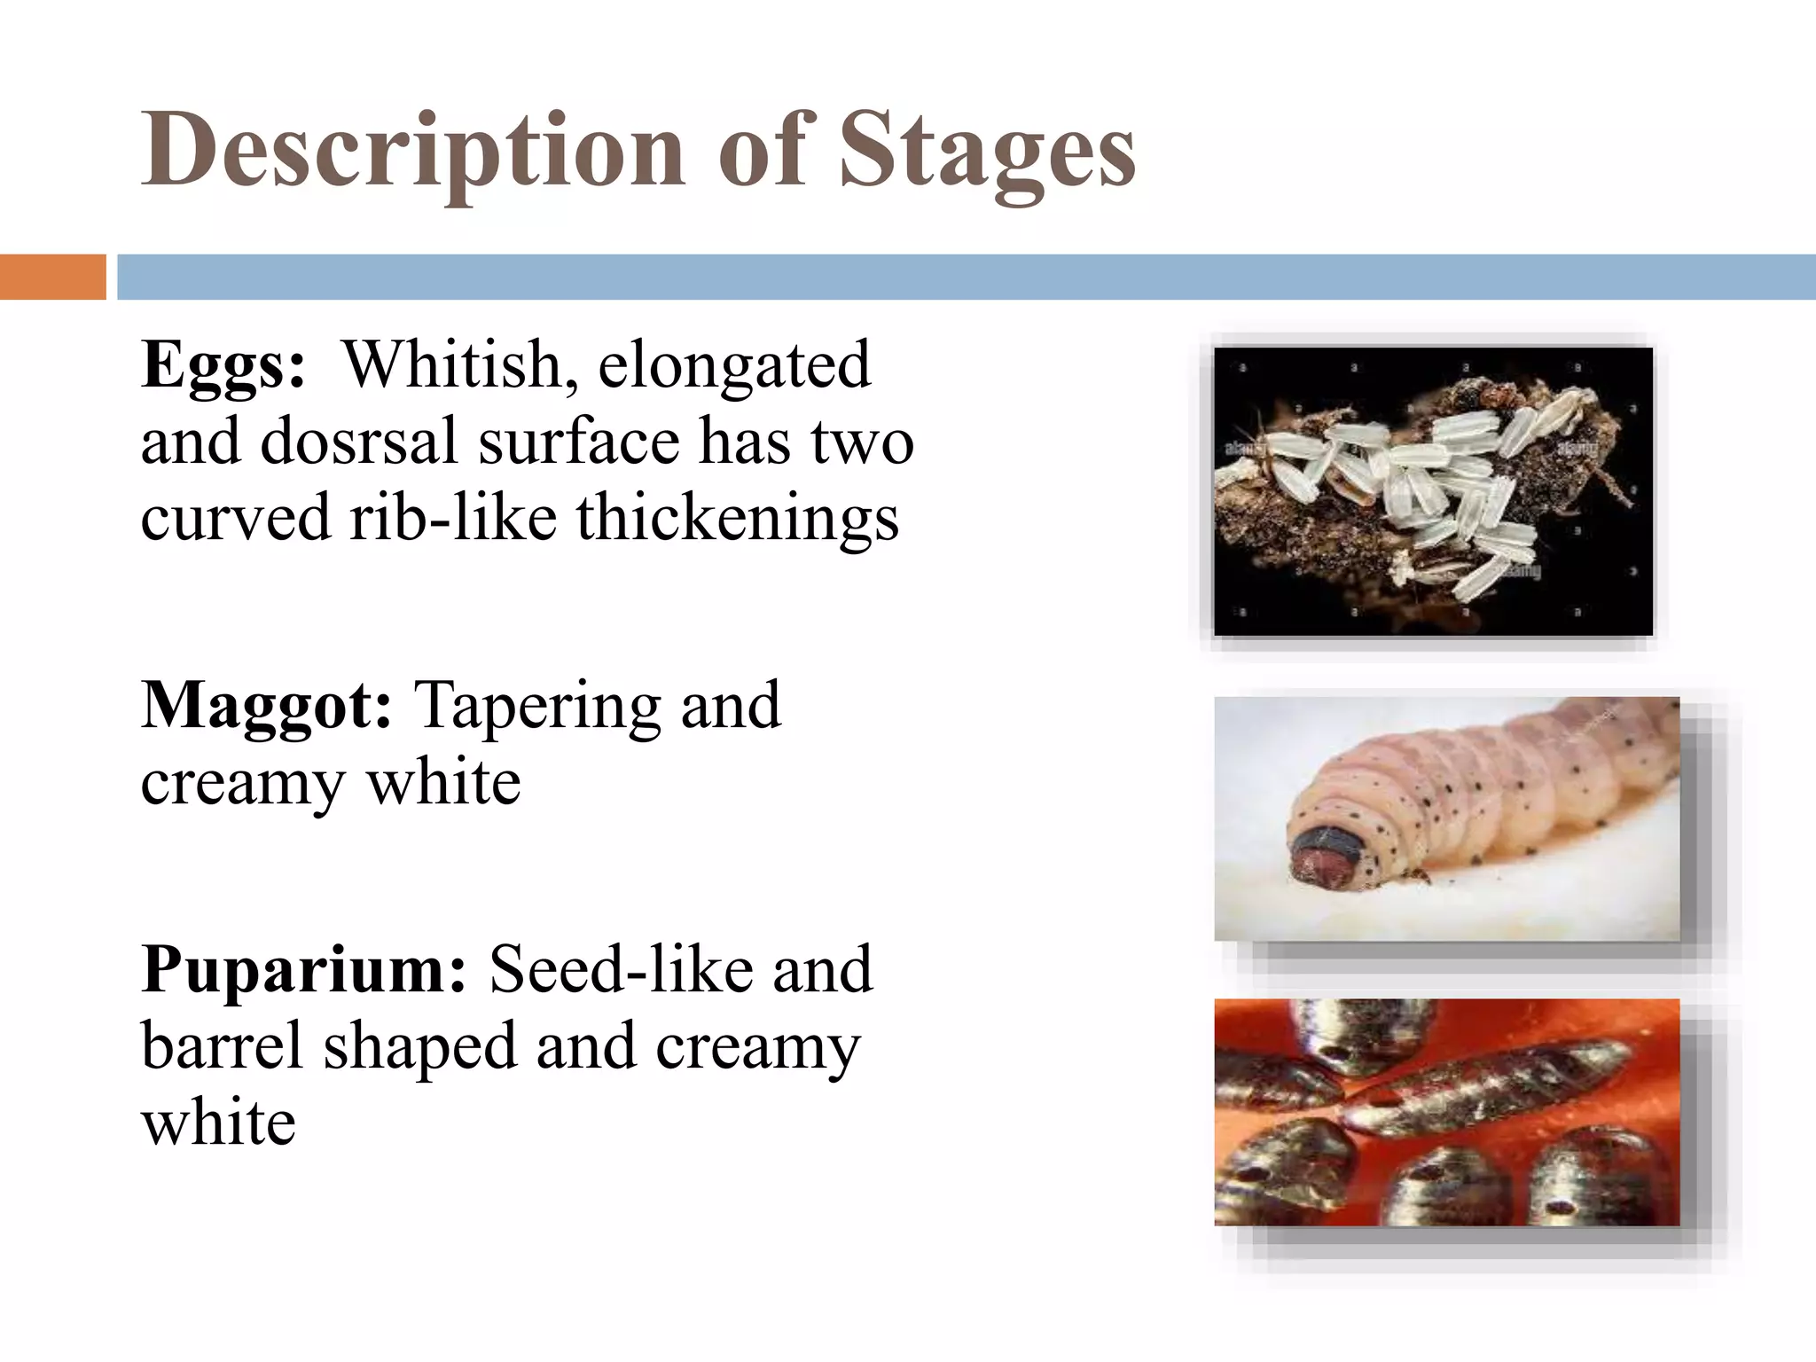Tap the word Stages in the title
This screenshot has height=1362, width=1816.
coord(986,153)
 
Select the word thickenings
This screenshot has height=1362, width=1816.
coord(738,519)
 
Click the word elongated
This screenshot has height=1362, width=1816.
coord(734,365)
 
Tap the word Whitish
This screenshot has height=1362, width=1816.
coord(458,365)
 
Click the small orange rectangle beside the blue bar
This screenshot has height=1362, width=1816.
coord(53,277)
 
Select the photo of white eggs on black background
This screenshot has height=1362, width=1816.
coord(1433,491)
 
